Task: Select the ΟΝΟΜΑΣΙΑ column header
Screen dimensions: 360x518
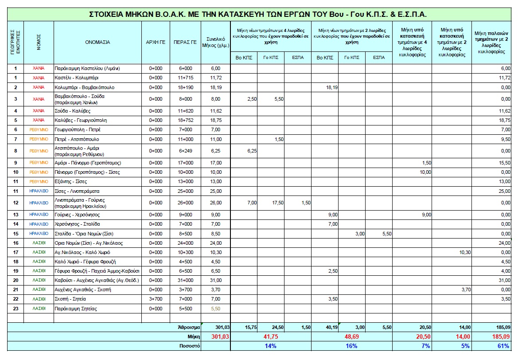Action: coord(97,43)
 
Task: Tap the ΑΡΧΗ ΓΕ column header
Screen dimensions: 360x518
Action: coord(156,43)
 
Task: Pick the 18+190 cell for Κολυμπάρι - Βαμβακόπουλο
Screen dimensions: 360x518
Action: coord(185,87)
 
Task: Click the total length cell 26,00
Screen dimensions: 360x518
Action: coord(215,203)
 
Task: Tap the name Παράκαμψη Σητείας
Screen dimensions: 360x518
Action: coord(76,309)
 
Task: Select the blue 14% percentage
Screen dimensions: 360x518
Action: coord(270,346)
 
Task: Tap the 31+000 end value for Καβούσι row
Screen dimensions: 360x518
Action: coord(185,280)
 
